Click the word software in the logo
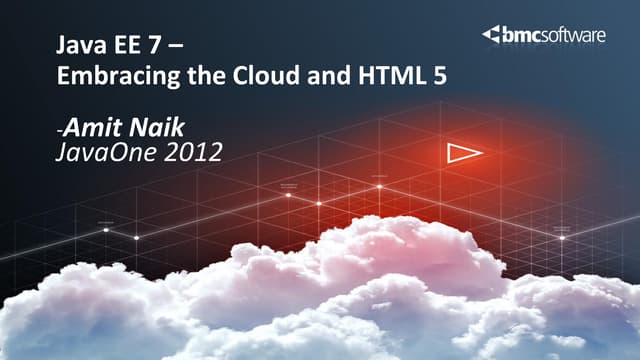575,36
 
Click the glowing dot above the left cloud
106,230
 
